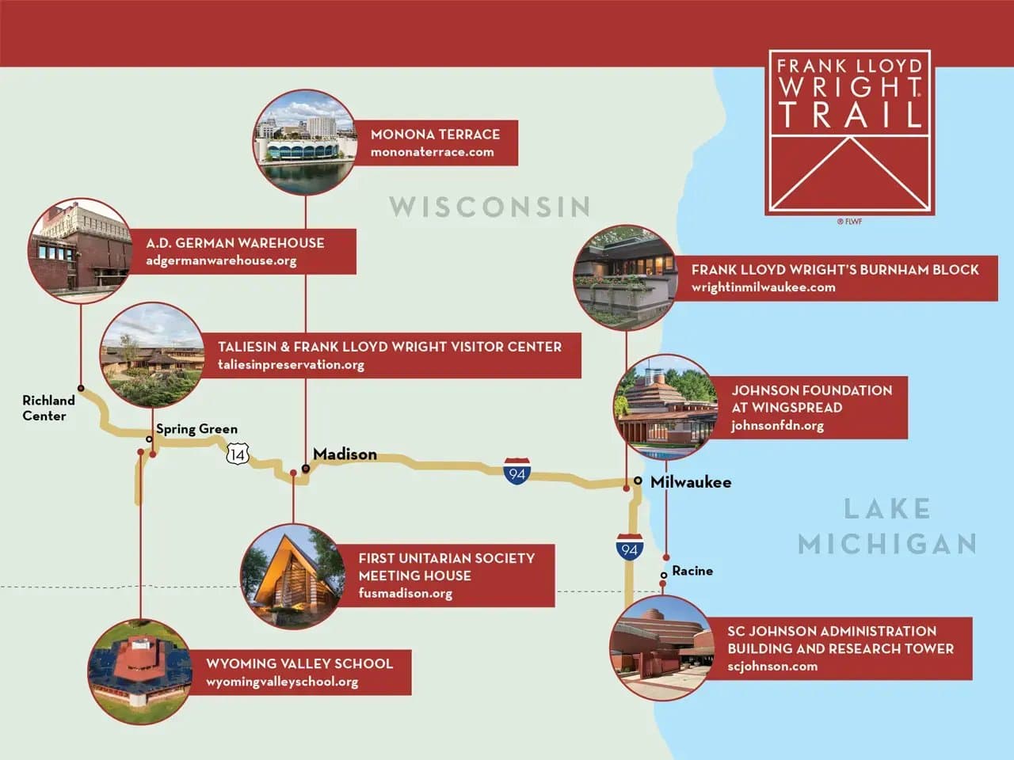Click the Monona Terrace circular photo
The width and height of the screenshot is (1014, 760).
306,142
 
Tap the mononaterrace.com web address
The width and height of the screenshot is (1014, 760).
432,152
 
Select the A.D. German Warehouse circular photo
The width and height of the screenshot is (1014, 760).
80,251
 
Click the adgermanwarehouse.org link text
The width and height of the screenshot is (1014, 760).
221,260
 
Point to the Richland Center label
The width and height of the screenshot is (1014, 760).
48,408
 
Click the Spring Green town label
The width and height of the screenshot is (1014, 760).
196,429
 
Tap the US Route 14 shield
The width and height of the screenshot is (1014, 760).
238,454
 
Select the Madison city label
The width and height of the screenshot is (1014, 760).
345,454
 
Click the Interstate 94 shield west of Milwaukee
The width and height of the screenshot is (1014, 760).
517,472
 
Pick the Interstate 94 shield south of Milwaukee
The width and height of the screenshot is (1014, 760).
630,548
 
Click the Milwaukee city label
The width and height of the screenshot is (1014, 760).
691,482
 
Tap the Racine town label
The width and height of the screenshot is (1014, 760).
692,571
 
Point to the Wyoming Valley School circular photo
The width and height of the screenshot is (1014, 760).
140,671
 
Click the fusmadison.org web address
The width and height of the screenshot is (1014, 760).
405,593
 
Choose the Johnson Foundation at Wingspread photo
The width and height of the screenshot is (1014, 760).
665,407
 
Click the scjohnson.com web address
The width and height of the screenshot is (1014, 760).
772,667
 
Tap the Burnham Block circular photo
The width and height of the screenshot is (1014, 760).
626,277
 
